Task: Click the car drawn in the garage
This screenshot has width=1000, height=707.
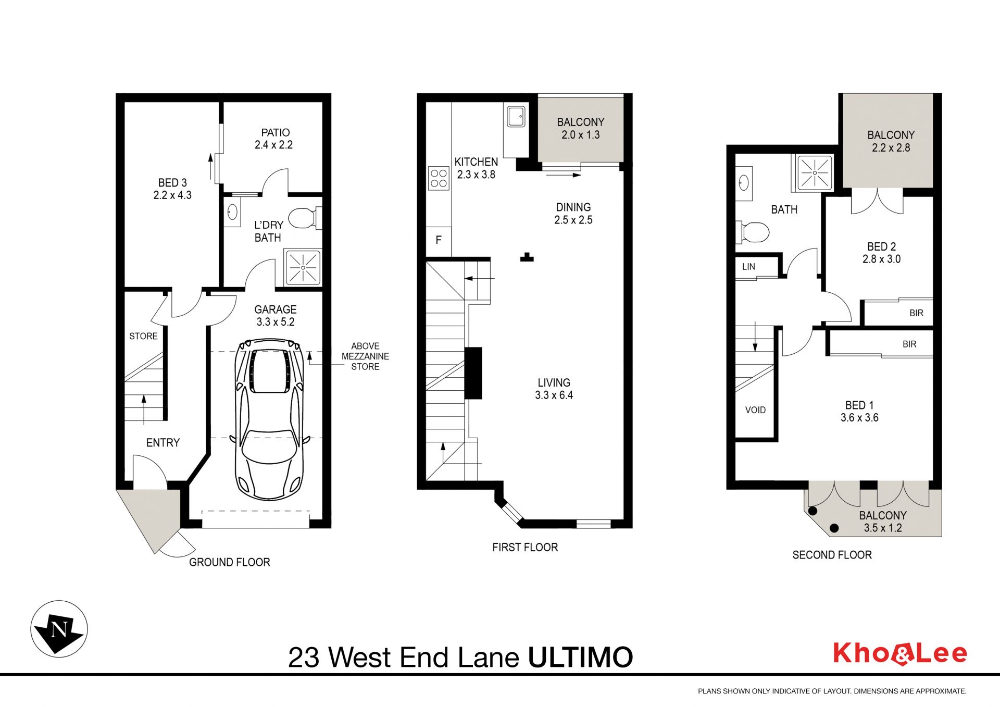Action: (x=269, y=420)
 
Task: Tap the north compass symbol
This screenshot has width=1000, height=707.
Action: (x=59, y=629)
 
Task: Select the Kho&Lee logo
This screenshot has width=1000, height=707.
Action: (x=900, y=654)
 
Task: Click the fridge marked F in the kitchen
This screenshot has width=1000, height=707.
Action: (x=439, y=240)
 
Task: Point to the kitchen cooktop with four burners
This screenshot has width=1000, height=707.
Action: (x=439, y=178)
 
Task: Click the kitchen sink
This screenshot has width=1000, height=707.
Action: (x=516, y=117)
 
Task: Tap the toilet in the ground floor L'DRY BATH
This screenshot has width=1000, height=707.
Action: (x=305, y=218)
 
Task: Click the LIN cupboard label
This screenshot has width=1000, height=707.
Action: (x=748, y=267)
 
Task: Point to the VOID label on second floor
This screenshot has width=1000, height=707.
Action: (x=755, y=410)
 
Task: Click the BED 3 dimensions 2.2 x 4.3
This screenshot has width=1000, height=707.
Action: (x=172, y=195)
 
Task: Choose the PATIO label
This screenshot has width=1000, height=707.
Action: (x=276, y=133)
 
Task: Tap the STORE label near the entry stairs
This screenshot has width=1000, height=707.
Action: (x=143, y=336)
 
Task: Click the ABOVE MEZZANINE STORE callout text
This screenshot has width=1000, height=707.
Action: (x=365, y=356)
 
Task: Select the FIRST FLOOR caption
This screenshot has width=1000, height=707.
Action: (x=525, y=547)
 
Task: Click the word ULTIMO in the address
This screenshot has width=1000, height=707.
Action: (x=580, y=658)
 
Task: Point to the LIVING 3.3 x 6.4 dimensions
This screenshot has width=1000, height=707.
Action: (x=554, y=395)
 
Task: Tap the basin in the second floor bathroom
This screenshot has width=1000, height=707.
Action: (x=744, y=183)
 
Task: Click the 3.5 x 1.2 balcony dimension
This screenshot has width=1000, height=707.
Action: (x=883, y=528)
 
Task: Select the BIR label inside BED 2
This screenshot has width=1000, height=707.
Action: (x=916, y=313)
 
